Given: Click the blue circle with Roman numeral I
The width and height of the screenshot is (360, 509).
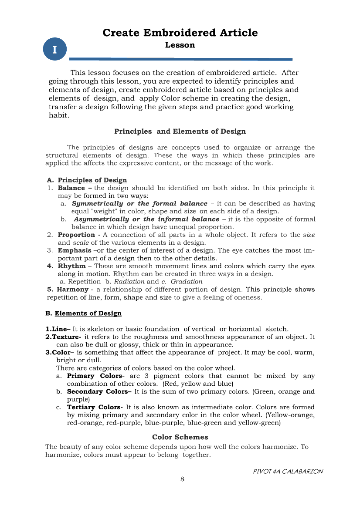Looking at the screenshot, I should point(54,49).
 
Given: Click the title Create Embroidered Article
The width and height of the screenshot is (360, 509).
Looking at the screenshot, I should point(180,33).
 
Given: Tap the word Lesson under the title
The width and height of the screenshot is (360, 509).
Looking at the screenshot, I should point(180,45).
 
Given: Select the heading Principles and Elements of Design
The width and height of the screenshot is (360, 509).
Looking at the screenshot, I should point(180,131).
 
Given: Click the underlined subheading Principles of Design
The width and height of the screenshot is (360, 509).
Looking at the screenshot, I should point(92,180).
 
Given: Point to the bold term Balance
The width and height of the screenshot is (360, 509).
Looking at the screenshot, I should point(71,188).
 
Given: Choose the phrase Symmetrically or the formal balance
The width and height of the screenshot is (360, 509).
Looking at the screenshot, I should point(139,203).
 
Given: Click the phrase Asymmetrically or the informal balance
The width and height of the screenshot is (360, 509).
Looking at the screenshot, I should point(146,219).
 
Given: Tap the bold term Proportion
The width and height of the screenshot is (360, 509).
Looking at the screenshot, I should point(77,235).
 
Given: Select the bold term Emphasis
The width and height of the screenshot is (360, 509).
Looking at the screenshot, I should point(75,250).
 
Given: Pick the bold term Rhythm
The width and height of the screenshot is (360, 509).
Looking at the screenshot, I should point(71,266).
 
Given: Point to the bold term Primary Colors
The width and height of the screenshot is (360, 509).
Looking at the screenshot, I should point(94,376).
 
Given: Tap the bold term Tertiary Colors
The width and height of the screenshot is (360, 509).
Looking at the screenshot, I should point(94,407).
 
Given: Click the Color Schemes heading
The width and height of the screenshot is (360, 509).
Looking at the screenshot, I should point(180,437).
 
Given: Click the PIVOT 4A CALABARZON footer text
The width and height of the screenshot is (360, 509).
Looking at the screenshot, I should point(288,472).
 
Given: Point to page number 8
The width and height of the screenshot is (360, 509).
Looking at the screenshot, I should point(183,479).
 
